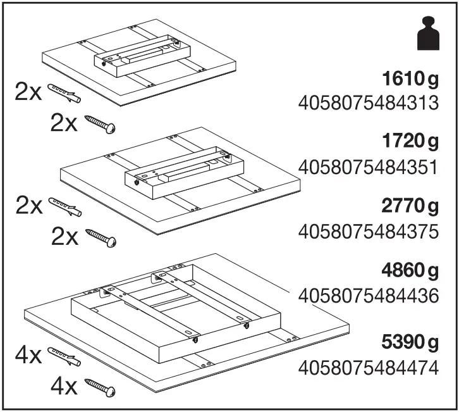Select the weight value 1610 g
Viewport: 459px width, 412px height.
410,80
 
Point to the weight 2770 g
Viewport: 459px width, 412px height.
410,207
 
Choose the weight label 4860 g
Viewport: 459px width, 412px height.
410,272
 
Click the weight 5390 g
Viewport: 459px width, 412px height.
410,343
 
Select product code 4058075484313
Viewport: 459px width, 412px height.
368,103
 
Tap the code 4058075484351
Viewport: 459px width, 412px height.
368,167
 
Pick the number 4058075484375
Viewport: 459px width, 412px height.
368,232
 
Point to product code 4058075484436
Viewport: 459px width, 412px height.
368,296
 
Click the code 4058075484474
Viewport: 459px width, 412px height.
368,368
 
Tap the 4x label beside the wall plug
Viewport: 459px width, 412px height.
28,356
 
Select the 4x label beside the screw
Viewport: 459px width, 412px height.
64,385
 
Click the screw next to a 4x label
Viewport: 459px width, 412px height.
101,385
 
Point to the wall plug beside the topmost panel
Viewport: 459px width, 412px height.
64,93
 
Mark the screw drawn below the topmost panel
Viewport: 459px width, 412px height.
101,123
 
